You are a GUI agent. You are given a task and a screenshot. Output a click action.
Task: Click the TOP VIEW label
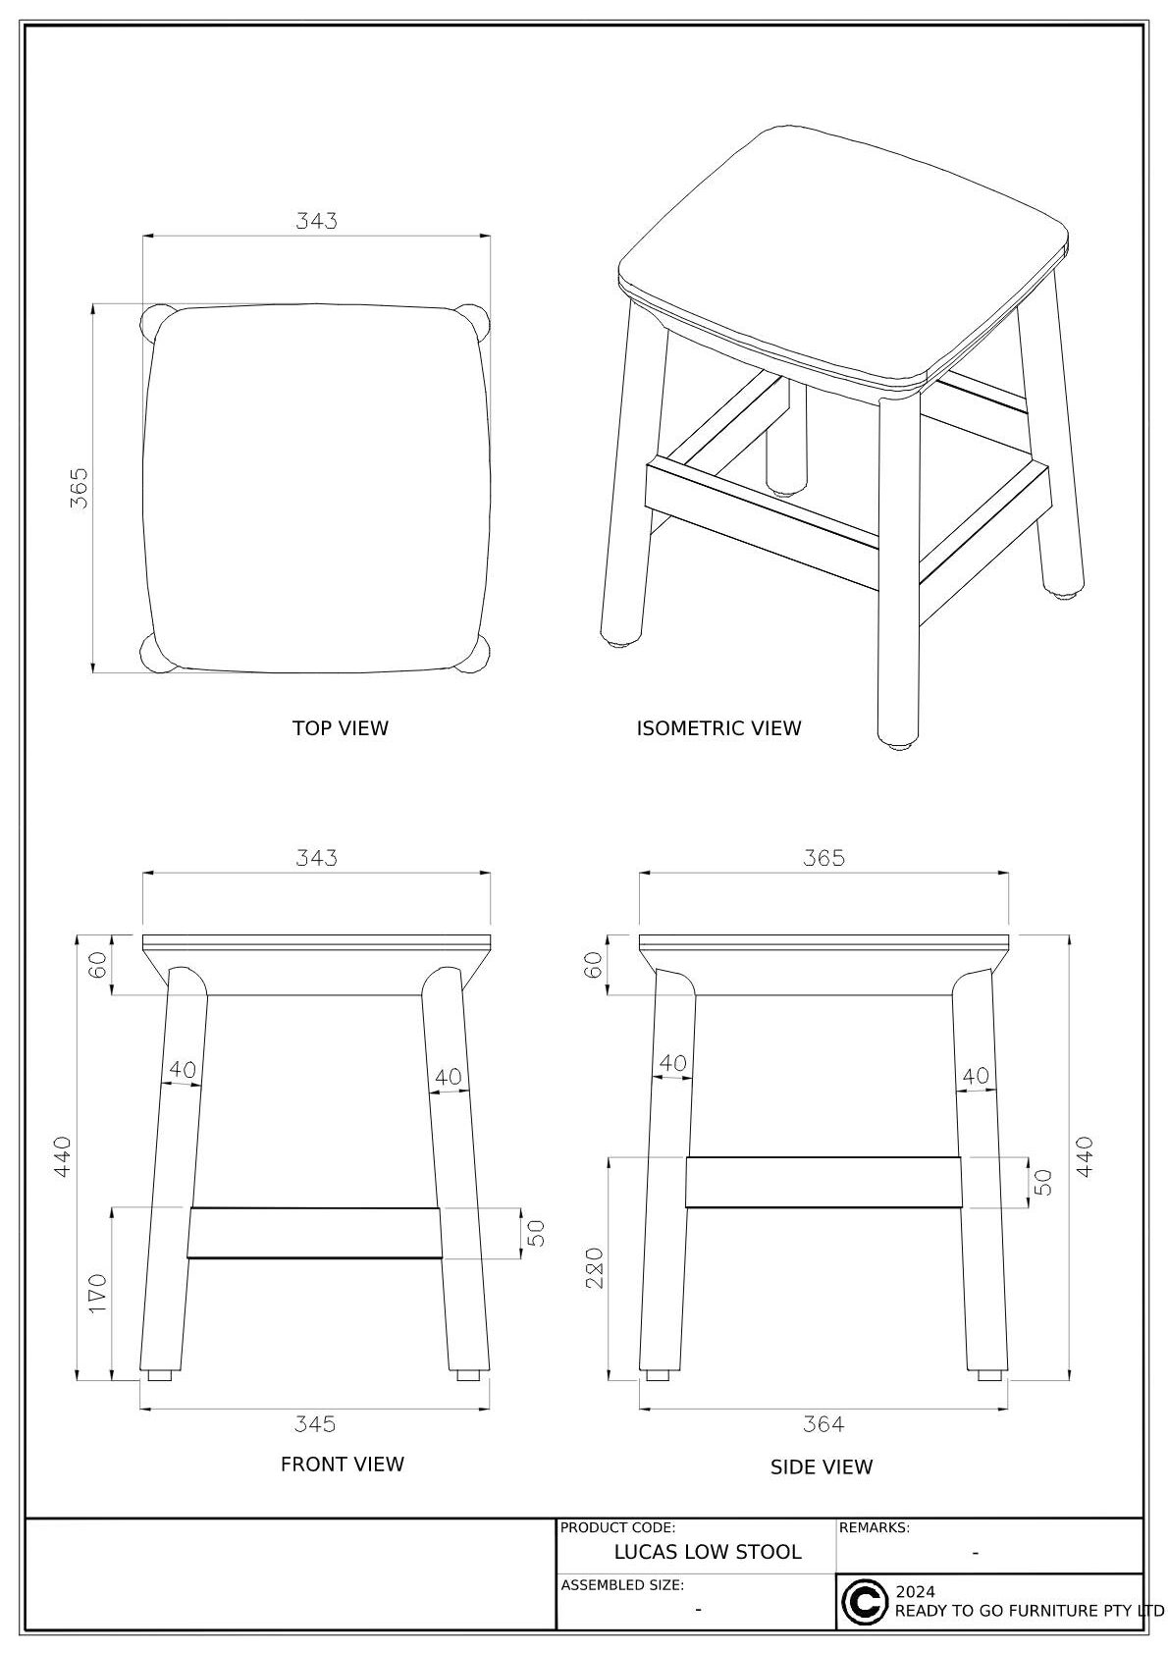(x=341, y=728)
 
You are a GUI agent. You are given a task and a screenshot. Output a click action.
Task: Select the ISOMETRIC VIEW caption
(x=718, y=728)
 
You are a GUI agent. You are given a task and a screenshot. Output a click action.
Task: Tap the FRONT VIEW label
(x=343, y=1465)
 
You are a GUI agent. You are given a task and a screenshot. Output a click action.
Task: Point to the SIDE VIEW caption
(x=822, y=1467)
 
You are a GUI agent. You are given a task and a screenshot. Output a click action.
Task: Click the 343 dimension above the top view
(x=316, y=221)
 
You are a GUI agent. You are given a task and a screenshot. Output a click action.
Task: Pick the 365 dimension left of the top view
(x=79, y=488)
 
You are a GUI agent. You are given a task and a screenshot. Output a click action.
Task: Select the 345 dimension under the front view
(x=315, y=1423)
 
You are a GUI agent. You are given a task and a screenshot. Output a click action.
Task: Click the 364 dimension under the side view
(x=823, y=1423)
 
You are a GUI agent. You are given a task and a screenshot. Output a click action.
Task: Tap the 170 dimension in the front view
(x=98, y=1293)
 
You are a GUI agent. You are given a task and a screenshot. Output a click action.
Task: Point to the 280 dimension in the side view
(x=595, y=1268)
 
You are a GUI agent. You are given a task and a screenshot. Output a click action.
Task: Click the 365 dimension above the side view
(x=823, y=858)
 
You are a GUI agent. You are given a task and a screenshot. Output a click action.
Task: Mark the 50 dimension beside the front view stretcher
(x=537, y=1233)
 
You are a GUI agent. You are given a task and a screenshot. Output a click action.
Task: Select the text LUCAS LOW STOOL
(x=708, y=1552)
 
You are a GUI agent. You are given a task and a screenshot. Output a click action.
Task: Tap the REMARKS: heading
(x=875, y=1527)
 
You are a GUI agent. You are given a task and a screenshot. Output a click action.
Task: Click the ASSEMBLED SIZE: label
(x=622, y=1585)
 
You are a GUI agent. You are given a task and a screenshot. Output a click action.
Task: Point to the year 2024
(x=915, y=1592)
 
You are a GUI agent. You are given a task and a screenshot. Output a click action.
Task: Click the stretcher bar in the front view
(x=315, y=1233)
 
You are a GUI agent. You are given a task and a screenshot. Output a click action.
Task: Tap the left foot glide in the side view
(x=659, y=1375)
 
